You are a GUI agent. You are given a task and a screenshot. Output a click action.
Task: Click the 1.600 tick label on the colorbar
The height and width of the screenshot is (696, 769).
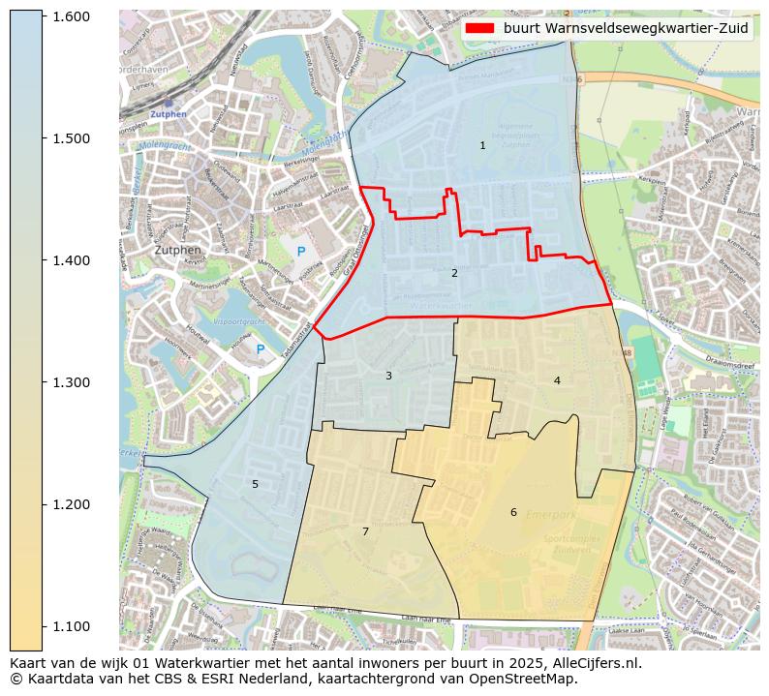pyautogui.click(x=70, y=16)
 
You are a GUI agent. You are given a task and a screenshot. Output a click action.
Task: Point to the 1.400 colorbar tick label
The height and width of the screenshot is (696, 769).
pyautogui.click(x=70, y=260)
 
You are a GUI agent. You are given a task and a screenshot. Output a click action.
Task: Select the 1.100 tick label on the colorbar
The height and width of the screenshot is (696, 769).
pyautogui.click(x=70, y=626)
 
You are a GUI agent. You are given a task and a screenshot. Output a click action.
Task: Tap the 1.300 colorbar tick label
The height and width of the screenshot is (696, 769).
pyautogui.click(x=70, y=382)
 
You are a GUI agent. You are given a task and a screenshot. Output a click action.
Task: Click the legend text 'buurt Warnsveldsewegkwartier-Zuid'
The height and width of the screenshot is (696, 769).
pyautogui.click(x=626, y=28)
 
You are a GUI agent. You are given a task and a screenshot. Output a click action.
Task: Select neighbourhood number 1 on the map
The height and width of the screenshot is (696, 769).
pyautogui.click(x=482, y=146)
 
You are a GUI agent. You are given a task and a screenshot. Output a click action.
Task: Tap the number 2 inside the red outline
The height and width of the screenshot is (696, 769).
pyautogui.click(x=454, y=274)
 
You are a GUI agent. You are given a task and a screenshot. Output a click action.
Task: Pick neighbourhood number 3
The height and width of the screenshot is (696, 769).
pyautogui.click(x=388, y=376)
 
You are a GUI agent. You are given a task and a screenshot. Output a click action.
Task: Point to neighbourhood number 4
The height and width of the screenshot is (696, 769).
pyautogui.click(x=557, y=380)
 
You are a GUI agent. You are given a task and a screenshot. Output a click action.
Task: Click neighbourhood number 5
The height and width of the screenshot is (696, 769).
pyautogui.click(x=256, y=484)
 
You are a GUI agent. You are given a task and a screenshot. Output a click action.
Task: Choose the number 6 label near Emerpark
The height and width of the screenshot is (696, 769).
pyautogui.click(x=513, y=512)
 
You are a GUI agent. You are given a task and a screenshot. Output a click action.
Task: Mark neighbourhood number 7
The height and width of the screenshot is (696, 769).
pyautogui.click(x=365, y=531)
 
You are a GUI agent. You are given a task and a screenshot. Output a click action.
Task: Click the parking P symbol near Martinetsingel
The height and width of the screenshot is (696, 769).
pyautogui.click(x=301, y=252)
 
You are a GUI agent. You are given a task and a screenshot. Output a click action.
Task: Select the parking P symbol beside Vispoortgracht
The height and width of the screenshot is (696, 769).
pyautogui.click(x=260, y=348)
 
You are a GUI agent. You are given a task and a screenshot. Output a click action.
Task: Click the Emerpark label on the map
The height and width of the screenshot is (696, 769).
pyautogui.click(x=551, y=515)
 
